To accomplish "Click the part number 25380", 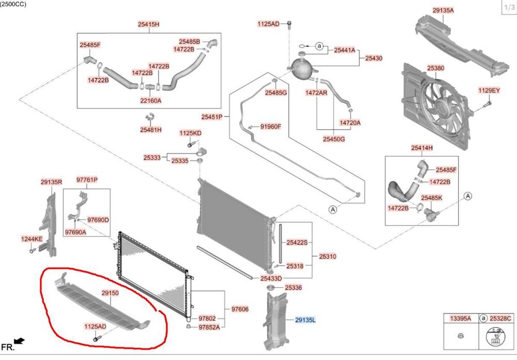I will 435,68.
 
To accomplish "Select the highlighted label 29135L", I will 305,320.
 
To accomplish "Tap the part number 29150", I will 110,293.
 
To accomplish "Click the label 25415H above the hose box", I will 148,24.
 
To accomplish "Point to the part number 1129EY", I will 489,91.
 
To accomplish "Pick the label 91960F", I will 270,126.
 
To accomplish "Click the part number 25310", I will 327,256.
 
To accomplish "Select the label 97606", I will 240,309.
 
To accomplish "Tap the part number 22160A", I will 150,100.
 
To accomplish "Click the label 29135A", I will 443,10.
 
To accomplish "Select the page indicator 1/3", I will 508,7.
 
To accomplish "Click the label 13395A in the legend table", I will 461,318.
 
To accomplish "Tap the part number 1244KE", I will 32,238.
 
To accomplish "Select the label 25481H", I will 150,130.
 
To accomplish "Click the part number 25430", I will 373,58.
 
